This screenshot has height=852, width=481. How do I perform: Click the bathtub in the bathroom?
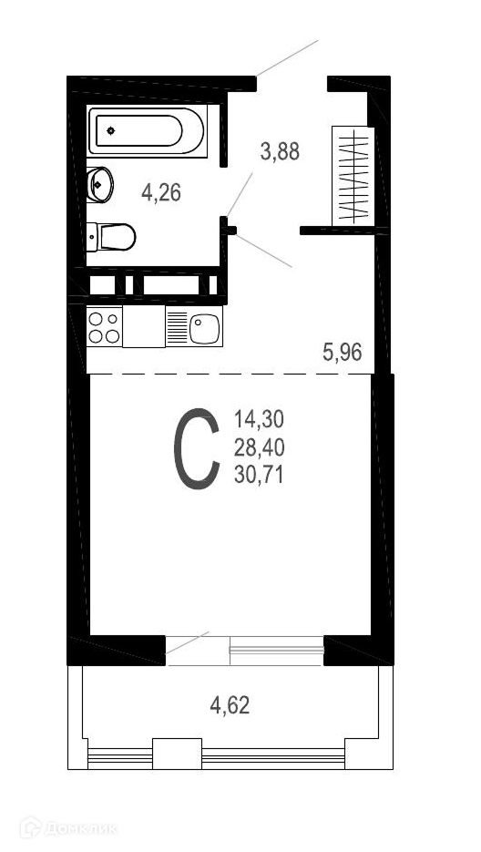[147, 131]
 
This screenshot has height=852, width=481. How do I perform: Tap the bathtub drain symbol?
[111, 130]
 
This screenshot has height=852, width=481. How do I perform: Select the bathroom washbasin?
[99, 184]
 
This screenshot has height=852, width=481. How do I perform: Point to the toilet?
[111, 237]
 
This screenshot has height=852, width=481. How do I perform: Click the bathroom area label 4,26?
[161, 192]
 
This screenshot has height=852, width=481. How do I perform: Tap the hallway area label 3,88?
[280, 151]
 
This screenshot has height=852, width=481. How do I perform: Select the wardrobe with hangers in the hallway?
[353, 176]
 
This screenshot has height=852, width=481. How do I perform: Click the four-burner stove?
[105, 326]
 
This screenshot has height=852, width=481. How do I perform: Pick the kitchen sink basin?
[204, 329]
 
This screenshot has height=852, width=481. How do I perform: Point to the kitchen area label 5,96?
[343, 353]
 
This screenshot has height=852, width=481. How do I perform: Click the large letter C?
[196, 449]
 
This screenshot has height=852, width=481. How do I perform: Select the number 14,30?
[260, 419]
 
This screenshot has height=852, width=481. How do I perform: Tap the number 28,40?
[260, 448]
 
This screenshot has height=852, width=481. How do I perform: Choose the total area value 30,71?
[259, 476]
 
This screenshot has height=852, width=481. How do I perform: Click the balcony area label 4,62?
[230, 705]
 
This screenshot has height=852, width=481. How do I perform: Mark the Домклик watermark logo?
[68, 828]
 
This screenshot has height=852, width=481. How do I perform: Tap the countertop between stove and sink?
[144, 326]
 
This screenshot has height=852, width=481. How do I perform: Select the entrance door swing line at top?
[288, 57]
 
